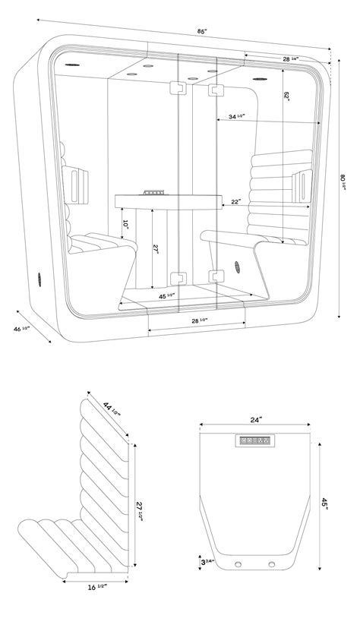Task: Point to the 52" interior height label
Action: click(x=286, y=99)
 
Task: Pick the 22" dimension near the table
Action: click(x=237, y=202)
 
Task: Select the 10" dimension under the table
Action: click(x=125, y=224)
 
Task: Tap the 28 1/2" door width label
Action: click(x=199, y=321)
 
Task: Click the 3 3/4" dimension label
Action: click(x=207, y=562)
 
